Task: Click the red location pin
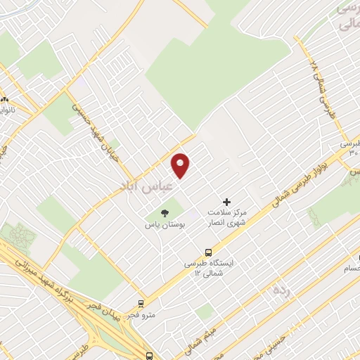(181, 165)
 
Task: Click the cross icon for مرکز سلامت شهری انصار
(226, 202)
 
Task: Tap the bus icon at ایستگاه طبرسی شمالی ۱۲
(208, 252)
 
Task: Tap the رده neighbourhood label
(281, 289)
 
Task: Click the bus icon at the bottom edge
(148, 356)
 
